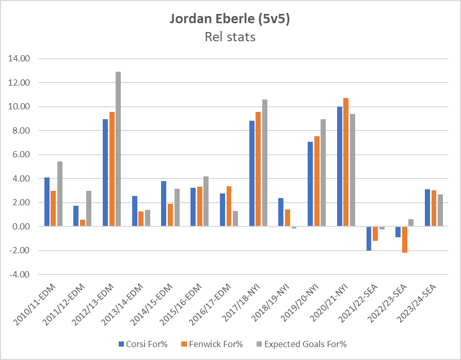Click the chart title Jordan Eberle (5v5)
230,19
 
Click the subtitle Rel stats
230,37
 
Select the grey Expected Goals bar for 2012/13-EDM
118,149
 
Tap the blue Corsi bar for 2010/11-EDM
47,202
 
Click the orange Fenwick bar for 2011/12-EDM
83,223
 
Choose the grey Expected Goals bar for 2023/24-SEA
440,210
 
